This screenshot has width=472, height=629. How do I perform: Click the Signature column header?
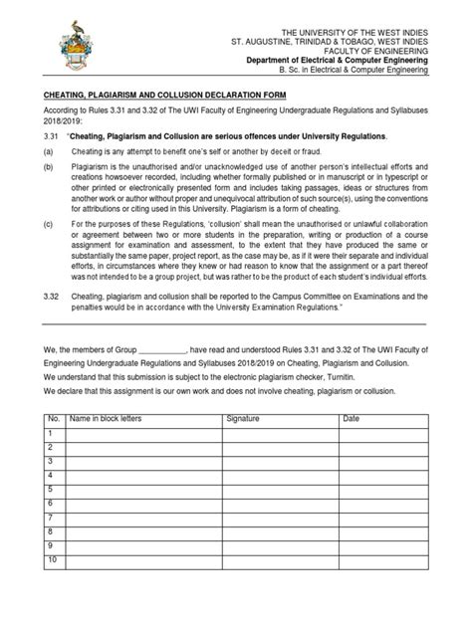click(x=242, y=418)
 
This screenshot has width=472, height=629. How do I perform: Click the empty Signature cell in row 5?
click(x=282, y=490)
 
